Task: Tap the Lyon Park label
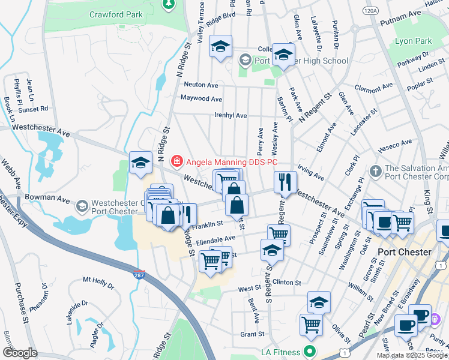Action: click(x=414, y=41)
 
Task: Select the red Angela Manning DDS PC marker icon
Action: click(x=176, y=160)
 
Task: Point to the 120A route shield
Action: click(x=371, y=11)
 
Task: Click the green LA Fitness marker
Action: click(x=310, y=351)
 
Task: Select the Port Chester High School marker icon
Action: click(x=245, y=61)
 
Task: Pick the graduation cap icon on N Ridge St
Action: click(x=140, y=163)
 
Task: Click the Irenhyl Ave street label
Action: click(x=231, y=115)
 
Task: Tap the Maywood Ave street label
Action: click(x=202, y=99)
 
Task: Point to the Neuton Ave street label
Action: click(x=201, y=85)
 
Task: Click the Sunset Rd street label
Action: click(x=33, y=109)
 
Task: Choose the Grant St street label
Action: click(x=252, y=334)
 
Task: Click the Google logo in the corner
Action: click(x=20, y=353)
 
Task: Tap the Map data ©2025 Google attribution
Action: click(x=411, y=355)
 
